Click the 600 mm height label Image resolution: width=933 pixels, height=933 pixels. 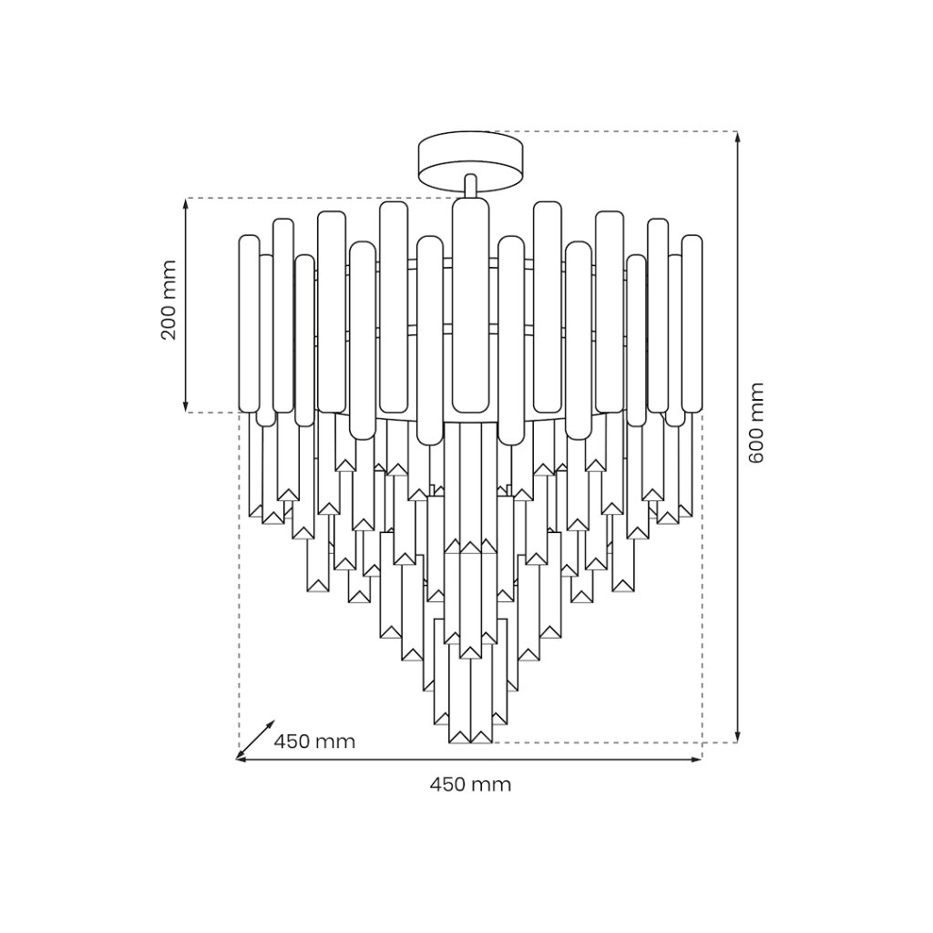pyautogui.click(x=755, y=423)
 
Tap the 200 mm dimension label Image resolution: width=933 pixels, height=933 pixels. pyautogui.click(x=169, y=300)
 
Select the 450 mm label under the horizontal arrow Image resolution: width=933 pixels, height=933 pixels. pyautogui.click(x=471, y=784)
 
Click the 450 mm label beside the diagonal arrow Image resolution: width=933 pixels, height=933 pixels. pyautogui.click(x=314, y=742)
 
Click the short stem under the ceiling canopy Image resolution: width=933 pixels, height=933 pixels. pyautogui.click(x=471, y=186)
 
